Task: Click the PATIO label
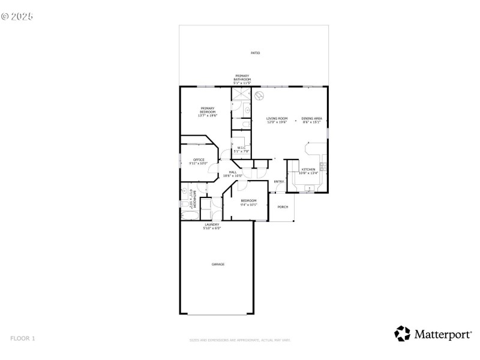click(255, 53)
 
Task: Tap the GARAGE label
click(217, 264)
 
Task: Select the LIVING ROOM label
click(277, 119)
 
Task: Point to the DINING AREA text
click(311, 119)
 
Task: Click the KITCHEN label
click(308, 170)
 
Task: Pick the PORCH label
click(283, 207)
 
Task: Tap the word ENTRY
click(279, 182)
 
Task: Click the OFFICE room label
click(199, 160)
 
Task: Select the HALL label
click(232, 172)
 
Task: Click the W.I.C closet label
click(241, 148)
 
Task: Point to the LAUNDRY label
click(212, 225)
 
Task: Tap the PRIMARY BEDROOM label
click(208, 109)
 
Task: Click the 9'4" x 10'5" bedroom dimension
click(248, 204)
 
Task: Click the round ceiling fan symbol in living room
click(260, 95)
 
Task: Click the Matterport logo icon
click(402, 334)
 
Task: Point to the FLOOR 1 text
click(23, 338)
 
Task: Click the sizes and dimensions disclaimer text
click(240, 340)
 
